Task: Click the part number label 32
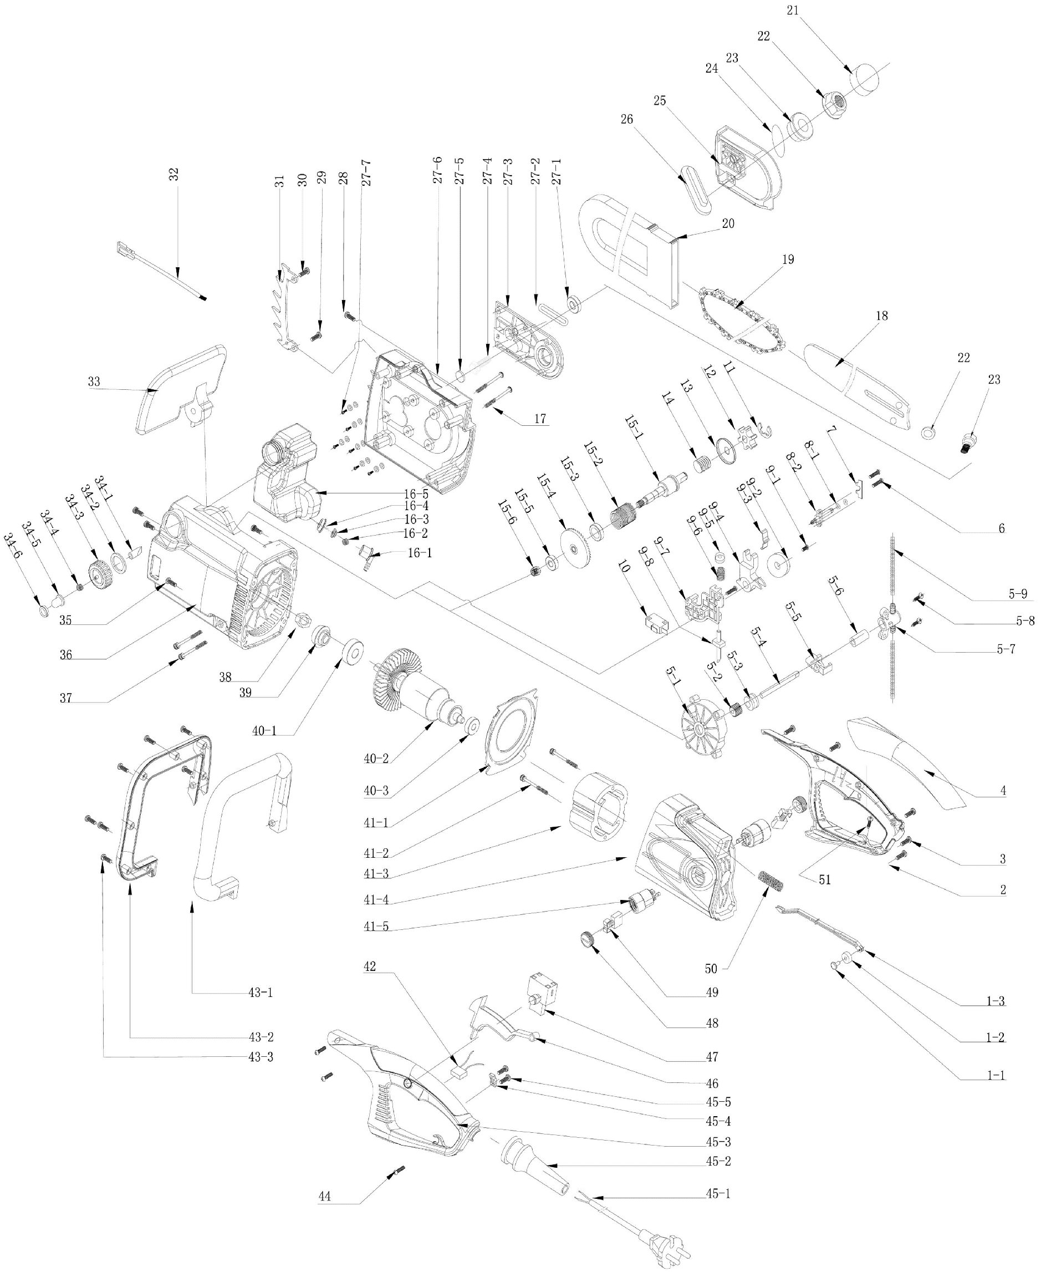(x=175, y=175)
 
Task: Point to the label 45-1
(x=718, y=1194)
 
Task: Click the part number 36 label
(x=66, y=655)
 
